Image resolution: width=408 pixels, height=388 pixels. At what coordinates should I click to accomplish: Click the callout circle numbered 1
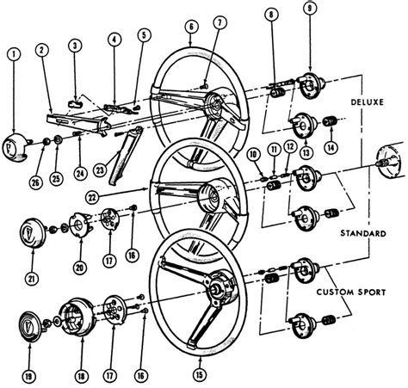(x=15, y=54)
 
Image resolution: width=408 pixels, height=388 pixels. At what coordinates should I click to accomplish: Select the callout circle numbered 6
(x=191, y=27)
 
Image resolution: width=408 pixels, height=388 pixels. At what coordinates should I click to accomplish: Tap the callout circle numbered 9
(x=309, y=8)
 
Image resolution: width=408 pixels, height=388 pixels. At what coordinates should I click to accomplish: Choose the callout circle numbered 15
(x=200, y=374)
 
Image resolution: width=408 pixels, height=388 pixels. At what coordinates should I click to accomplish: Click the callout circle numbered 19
(x=28, y=376)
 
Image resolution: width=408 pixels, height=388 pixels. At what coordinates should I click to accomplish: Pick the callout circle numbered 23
(x=100, y=170)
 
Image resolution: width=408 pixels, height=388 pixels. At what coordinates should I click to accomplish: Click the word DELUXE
(x=368, y=102)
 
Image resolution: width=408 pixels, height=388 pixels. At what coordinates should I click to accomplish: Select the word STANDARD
(x=363, y=233)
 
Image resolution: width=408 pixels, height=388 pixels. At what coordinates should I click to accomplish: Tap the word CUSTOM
(x=335, y=293)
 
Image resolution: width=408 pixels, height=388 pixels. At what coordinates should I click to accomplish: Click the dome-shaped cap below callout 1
(x=15, y=148)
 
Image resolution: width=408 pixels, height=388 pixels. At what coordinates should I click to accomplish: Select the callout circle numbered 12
(x=290, y=147)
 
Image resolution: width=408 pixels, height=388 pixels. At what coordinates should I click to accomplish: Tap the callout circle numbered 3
(x=75, y=46)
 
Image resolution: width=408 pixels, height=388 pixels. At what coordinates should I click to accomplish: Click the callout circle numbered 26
(x=35, y=182)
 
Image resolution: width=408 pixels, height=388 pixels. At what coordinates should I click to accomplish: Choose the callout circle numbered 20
(x=80, y=267)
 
